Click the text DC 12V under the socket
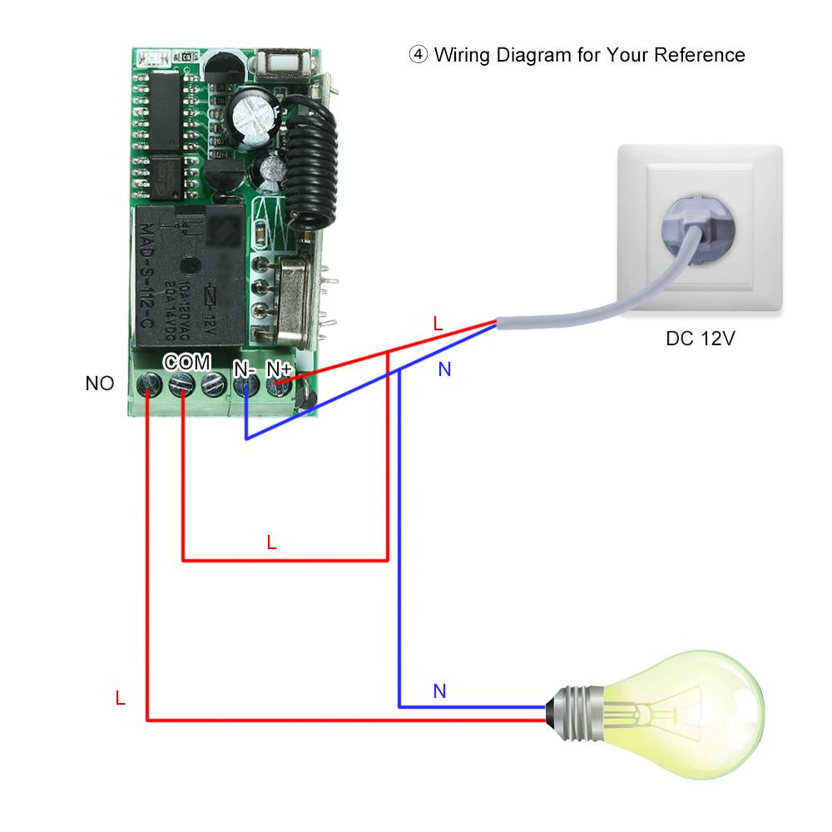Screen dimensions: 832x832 click(701, 339)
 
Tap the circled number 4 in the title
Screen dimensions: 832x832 click(417, 56)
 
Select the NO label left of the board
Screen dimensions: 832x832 click(100, 384)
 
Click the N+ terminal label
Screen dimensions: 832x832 click(280, 368)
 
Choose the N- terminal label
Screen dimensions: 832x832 click(245, 368)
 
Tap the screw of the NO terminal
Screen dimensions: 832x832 click(148, 384)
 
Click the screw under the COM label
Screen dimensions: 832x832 click(181, 384)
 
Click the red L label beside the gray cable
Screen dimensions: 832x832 click(438, 324)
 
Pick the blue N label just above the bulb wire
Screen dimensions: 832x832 click(439, 691)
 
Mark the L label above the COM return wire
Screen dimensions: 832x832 click(271, 542)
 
